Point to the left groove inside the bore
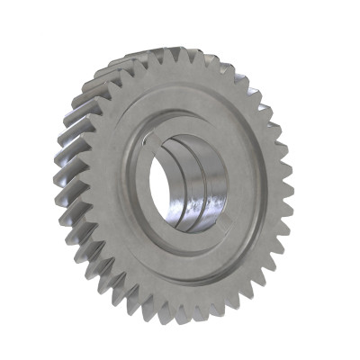click(184, 180)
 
